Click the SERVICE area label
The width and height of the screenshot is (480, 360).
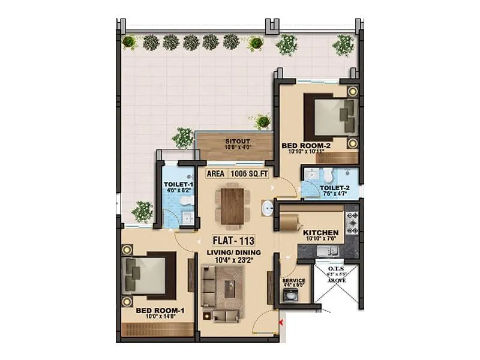pos(293,281)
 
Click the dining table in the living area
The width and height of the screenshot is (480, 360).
pos(232,206)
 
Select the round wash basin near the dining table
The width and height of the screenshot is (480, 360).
pos(267,208)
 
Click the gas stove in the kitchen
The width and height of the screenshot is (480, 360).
pos(352,222)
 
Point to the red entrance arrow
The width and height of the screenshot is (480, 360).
pos(281,325)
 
